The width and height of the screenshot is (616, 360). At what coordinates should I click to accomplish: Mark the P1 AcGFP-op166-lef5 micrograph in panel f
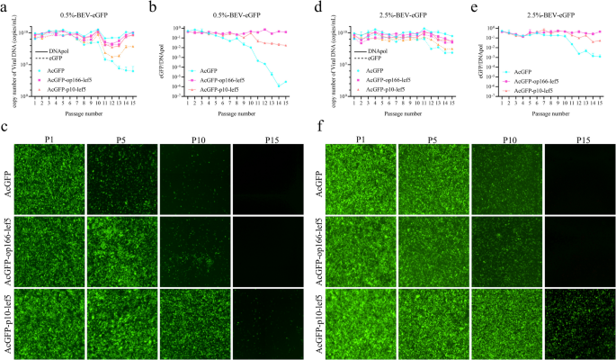pyautogui.click(x=360, y=243)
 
